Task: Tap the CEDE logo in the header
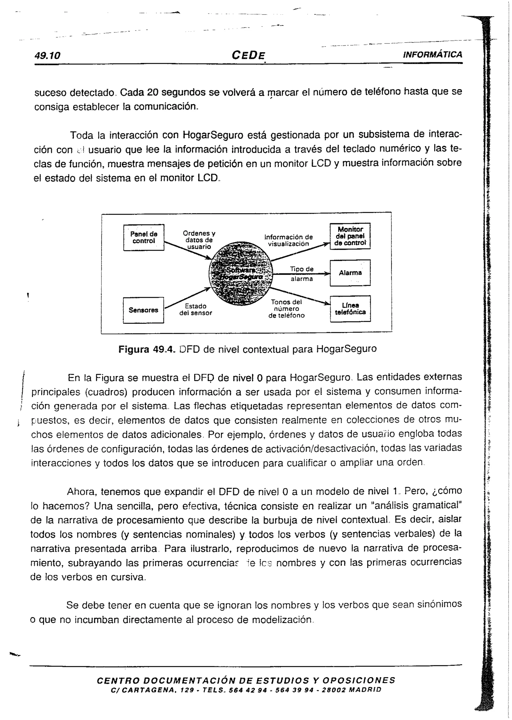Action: [248, 55]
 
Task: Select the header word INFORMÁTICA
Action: [432, 55]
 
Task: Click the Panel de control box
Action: [144, 238]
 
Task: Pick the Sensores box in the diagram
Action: [143, 310]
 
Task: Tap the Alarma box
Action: [350, 273]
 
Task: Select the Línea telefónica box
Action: [350, 309]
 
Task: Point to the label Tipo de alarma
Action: [302, 274]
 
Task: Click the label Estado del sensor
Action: [196, 309]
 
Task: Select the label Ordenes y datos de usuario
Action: [199, 240]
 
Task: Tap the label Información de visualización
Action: [288, 240]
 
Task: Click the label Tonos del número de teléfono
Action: [286, 309]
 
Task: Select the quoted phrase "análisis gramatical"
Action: [417, 506]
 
